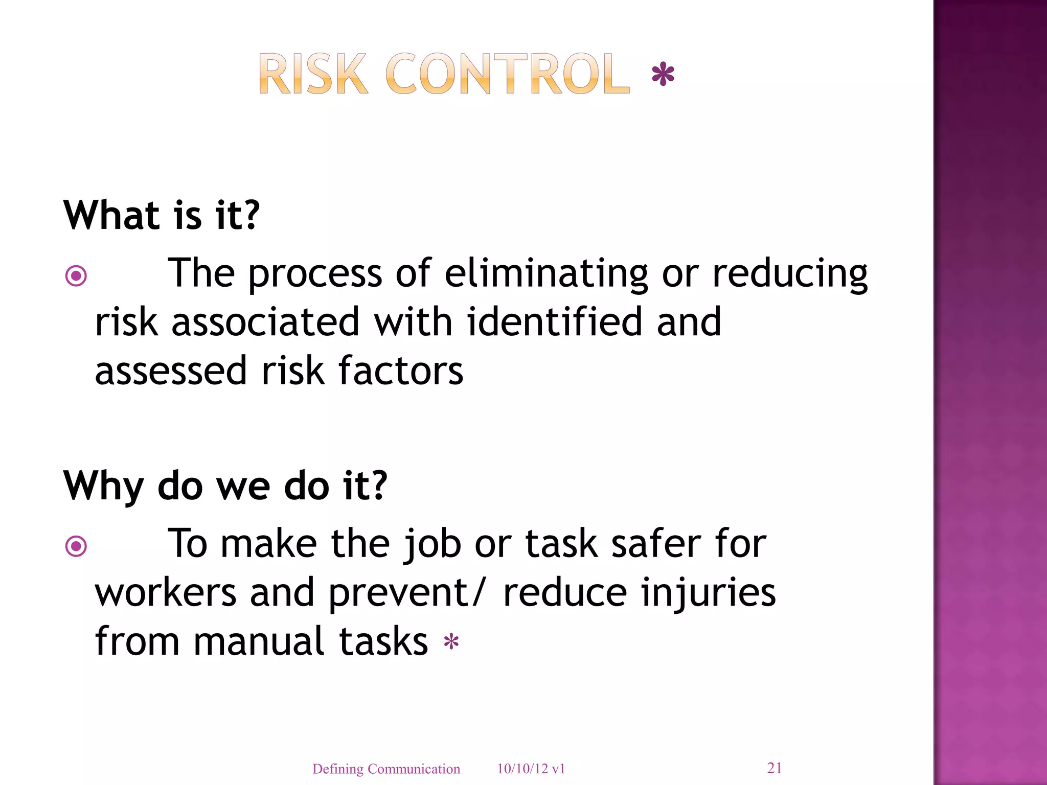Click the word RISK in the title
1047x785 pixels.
313,75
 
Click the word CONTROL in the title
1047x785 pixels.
507,75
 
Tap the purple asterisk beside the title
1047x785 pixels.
663,75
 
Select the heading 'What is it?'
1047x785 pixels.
162,215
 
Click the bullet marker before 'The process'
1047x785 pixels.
76,276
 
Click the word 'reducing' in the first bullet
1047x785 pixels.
790,273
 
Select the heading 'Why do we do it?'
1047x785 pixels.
225,486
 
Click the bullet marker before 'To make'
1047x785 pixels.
76,546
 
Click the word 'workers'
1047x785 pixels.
166,593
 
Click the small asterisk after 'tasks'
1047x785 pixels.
451,642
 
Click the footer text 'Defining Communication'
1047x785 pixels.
386,769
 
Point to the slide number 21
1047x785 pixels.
774,768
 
